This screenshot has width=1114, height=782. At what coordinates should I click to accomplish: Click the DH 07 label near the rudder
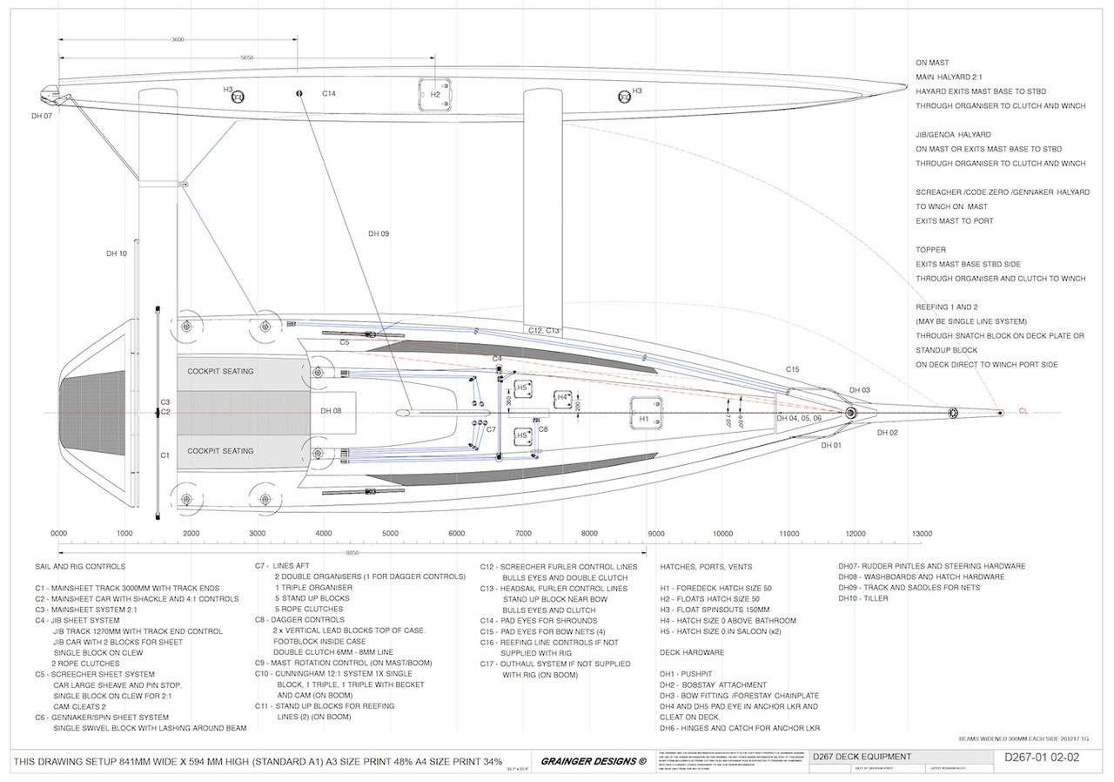click(x=42, y=115)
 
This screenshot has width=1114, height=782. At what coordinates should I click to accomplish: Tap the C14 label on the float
click(x=329, y=93)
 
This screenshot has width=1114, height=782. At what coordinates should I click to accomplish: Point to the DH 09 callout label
click(x=379, y=233)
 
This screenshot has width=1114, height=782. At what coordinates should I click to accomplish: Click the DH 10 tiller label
click(x=117, y=253)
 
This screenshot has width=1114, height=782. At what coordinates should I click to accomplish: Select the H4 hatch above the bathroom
click(x=567, y=401)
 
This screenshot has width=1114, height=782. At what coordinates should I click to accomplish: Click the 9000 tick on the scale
click(x=655, y=533)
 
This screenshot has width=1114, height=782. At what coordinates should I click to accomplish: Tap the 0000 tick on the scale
click(x=59, y=533)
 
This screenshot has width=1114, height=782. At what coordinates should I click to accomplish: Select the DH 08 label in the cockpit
click(x=331, y=411)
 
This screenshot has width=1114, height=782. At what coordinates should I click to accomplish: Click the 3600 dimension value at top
click(x=178, y=40)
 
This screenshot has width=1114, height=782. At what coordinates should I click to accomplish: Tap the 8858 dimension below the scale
click(x=353, y=552)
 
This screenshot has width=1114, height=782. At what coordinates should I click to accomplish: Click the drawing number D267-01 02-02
click(x=1041, y=758)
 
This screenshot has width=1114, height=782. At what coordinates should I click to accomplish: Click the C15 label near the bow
click(x=792, y=370)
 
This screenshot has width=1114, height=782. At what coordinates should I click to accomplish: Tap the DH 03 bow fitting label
click(x=860, y=390)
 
